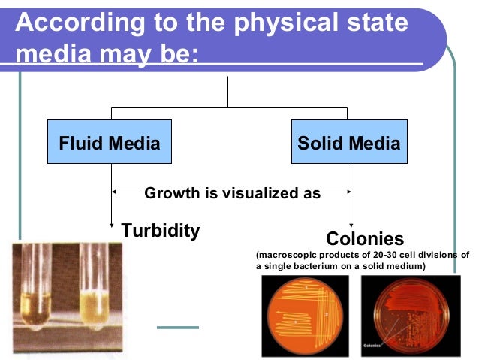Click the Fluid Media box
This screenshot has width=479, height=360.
(110, 142)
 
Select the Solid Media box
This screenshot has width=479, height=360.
(349, 142)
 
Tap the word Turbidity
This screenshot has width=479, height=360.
(161, 231)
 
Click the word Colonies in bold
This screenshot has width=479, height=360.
(365, 239)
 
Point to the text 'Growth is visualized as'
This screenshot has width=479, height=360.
(232, 193)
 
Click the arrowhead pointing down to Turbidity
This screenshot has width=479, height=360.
(112, 222)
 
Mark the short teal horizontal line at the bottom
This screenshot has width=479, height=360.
(177, 327)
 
